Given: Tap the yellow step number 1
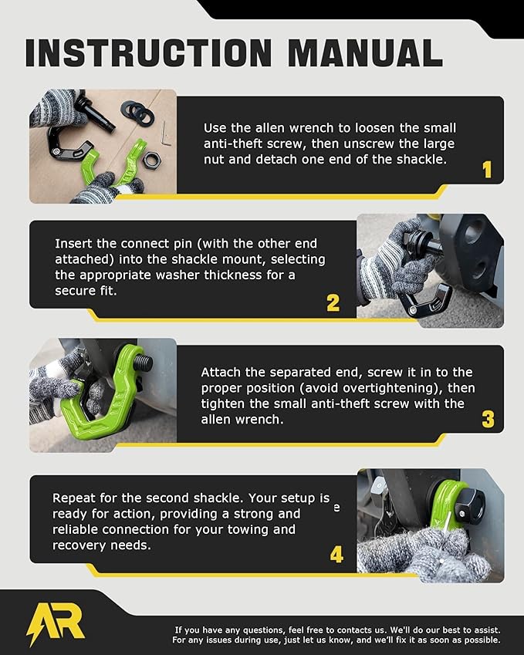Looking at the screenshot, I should [486, 169].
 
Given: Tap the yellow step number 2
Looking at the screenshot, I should [333, 302].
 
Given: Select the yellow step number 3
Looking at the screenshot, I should [488, 419].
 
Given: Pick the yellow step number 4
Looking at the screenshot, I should [336, 554].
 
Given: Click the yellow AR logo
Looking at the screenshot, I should [56, 622].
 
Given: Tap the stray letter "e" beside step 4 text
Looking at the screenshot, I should [336, 509].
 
